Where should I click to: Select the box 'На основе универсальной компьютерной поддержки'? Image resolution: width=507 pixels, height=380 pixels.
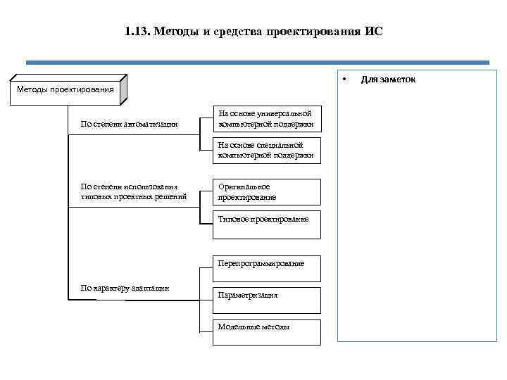click(x=267, y=119)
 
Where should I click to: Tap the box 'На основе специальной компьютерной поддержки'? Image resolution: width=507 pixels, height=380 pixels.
click(x=267, y=150)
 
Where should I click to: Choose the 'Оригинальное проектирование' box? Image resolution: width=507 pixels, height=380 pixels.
click(x=267, y=192)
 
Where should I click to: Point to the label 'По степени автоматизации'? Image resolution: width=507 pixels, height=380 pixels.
click(x=129, y=125)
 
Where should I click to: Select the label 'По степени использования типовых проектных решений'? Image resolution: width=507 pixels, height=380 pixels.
click(x=134, y=191)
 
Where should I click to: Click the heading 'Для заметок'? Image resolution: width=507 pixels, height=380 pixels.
click(x=388, y=79)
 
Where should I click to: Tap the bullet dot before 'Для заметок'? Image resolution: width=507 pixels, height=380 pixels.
click(x=344, y=77)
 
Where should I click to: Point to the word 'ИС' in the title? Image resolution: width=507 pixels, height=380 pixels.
click(x=374, y=32)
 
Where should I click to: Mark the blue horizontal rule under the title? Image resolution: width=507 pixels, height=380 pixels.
click(x=257, y=63)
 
